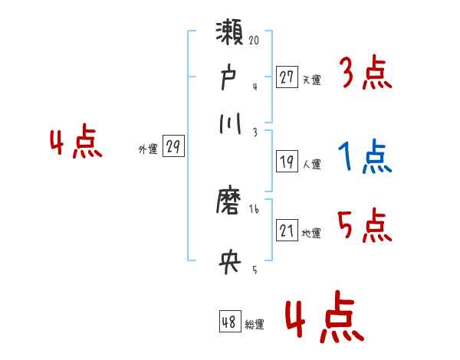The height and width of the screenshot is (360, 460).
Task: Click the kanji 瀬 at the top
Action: [230, 35]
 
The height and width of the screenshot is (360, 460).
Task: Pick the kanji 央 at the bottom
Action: [229, 263]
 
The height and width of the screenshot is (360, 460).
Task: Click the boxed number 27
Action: [287, 77]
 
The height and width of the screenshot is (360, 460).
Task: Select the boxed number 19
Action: [287, 162]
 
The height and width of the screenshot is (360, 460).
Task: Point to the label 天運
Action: [311, 79]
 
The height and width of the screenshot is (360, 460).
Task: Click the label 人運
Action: [311, 164]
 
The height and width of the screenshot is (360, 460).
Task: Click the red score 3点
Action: [366, 75]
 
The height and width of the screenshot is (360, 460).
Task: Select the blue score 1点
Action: [366, 159]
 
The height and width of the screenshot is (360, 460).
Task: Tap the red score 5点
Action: [366, 227]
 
